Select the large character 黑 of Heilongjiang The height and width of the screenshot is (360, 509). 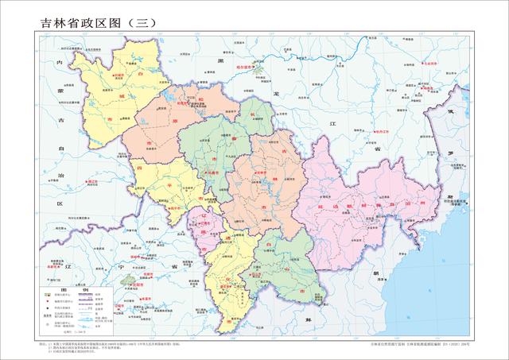point(221,59)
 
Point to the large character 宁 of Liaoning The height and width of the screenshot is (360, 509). point(119,267)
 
